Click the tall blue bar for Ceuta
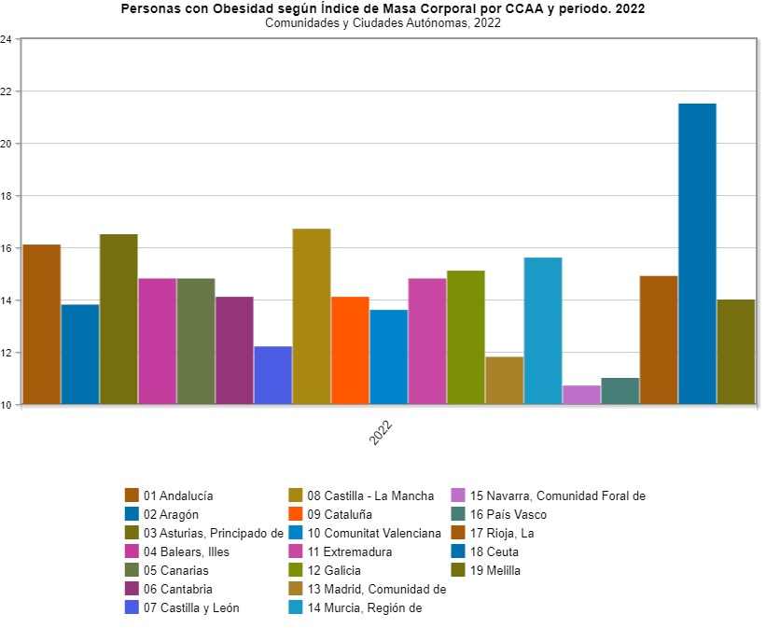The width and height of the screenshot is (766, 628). point(697,254)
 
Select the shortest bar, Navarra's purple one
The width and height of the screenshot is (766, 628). point(581,395)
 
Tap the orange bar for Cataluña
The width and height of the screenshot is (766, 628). point(350,351)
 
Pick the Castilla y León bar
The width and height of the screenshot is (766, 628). point(272,375)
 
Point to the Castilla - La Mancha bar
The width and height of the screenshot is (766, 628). point(312,316)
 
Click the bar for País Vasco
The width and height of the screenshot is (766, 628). point(620,391)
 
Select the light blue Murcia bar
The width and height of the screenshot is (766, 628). point(543,331)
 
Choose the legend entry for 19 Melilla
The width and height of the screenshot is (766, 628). point(494,570)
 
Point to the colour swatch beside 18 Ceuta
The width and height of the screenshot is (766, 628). point(459,551)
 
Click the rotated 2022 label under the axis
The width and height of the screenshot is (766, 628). point(381,432)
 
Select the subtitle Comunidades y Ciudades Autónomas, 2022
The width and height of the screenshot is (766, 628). point(383,23)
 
